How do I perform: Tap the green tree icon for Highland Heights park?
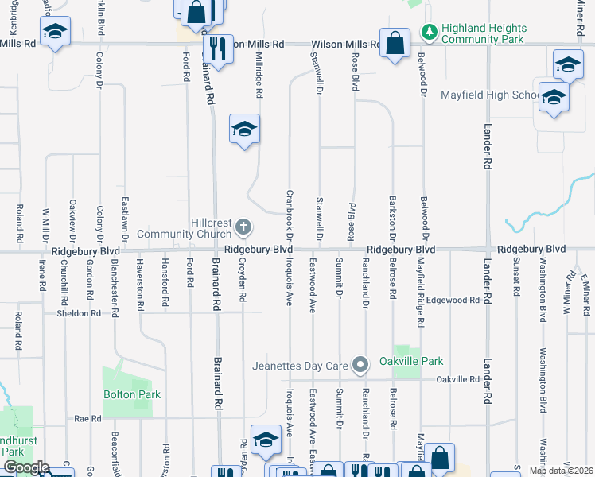pos(430,32)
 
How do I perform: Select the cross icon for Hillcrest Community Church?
pos(243,229)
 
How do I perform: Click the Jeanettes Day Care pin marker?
pos(361,365)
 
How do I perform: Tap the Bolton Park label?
pos(132,394)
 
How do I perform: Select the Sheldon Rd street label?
pos(78,313)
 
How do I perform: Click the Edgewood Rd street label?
pos(453,300)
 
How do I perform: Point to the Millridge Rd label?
pos(259,76)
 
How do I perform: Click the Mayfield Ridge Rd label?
pos(420,294)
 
